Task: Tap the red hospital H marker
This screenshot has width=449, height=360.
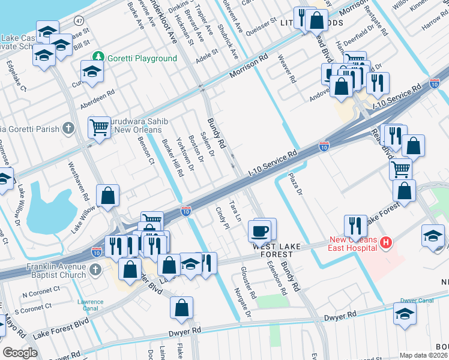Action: (x=386, y=243)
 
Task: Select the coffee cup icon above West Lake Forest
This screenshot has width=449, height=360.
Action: (x=259, y=230)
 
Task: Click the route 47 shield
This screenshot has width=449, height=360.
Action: (x=79, y=20)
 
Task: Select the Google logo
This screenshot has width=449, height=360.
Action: (x=19, y=353)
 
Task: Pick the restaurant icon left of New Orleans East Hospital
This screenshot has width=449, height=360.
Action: (x=355, y=226)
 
